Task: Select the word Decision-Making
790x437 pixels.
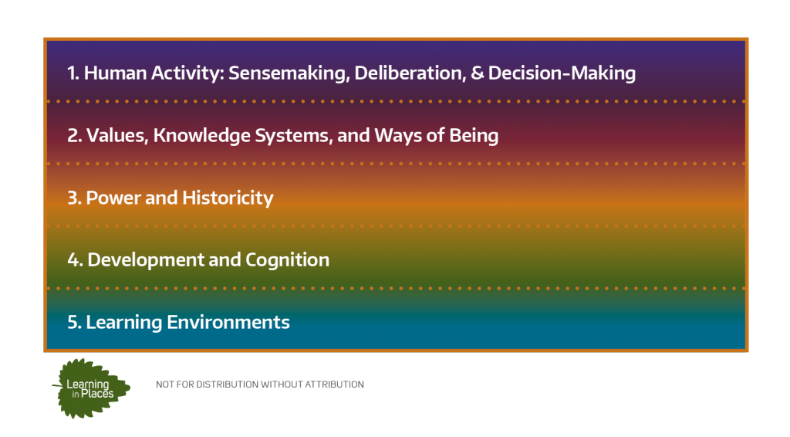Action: point(562,73)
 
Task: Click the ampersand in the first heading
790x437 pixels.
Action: point(477,73)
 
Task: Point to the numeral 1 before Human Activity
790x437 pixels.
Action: point(71,73)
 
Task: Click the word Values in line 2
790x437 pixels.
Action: point(117,136)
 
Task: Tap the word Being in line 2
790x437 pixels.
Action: point(474,136)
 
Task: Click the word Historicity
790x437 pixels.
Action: point(228,198)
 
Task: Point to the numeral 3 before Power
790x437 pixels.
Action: point(73,198)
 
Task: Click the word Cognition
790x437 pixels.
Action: point(287,260)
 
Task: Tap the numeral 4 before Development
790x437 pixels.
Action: point(73,260)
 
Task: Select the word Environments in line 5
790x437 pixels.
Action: point(228,322)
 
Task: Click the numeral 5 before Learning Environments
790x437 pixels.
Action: point(73,322)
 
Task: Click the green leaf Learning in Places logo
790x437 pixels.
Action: point(91,388)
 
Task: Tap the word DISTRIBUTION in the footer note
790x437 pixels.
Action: point(228,384)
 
